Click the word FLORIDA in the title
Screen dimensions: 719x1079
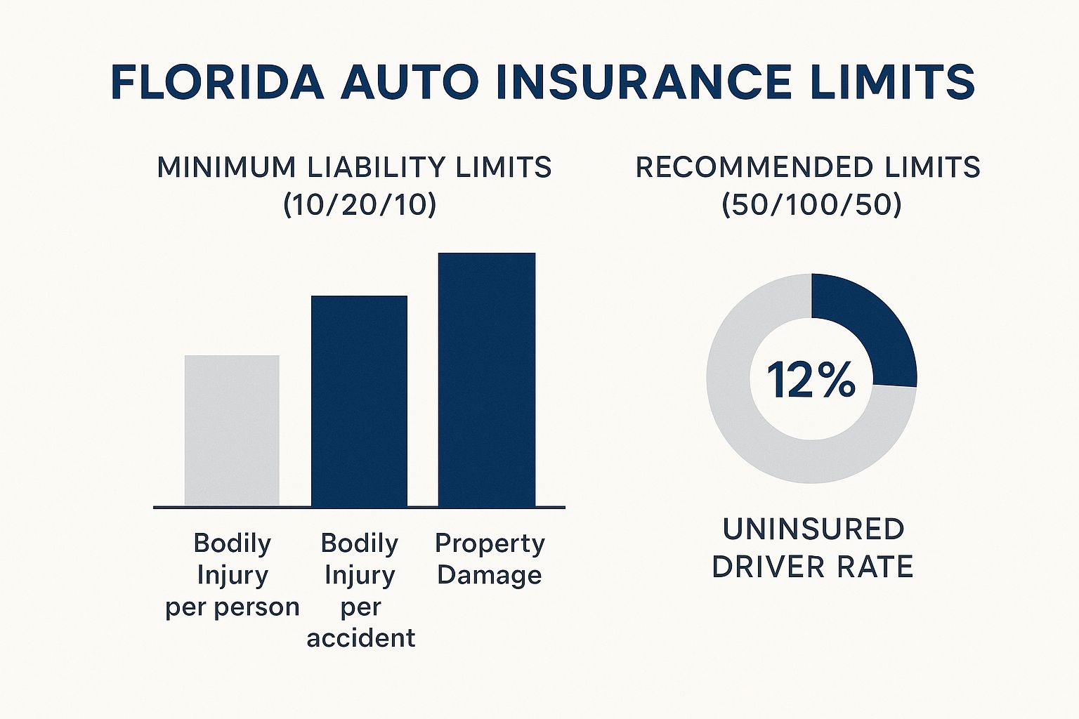click(x=217, y=82)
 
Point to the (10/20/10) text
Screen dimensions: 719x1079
click(x=360, y=204)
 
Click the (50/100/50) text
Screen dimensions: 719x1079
click(x=811, y=204)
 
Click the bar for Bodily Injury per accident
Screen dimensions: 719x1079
click(x=359, y=400)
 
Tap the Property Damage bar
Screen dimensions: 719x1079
click(x=486, y=379)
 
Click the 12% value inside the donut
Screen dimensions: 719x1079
click(x=811, y=380)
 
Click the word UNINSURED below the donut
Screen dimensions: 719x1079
click(x=813, y=529)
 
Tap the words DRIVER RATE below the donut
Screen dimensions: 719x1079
click(x=812, y=567)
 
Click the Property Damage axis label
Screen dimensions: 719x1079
click(x=490, y=559)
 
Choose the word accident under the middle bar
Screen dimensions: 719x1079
click(x=360, y=638)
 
